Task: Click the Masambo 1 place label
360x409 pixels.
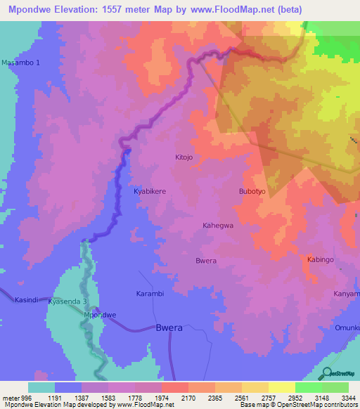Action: point(21,63)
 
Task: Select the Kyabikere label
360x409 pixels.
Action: point(150,191)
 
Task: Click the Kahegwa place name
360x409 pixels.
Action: point(217,226)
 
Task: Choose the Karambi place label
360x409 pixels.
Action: point(150,293)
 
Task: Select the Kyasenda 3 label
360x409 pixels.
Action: point(68,301)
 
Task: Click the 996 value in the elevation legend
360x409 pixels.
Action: point(27,396)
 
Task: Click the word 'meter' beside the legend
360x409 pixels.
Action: point(10,396)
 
